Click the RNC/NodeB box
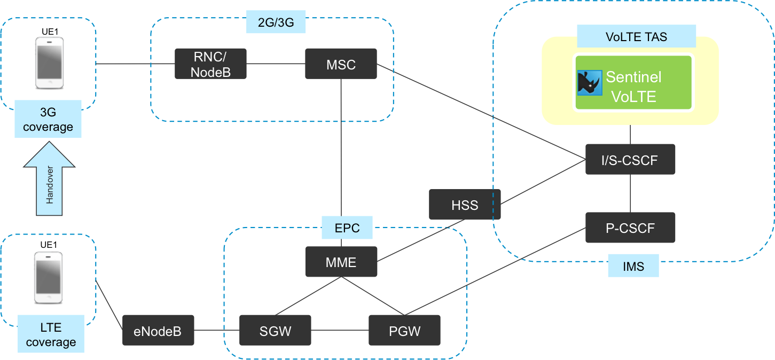[210, 64]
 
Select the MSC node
[341, 64]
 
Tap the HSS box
[465, 205]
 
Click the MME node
[341, 262]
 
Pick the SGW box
[275, 330]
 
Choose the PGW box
[404, 330]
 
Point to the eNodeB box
[158, 330]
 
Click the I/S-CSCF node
[630, 159]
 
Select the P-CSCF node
[630, 228]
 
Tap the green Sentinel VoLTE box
[633, 82]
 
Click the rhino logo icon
[590, 83]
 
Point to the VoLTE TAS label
[636, 37]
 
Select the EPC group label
[347, 228]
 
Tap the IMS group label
[633, 266]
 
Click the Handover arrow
[49, 184]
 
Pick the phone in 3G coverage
[50, 62]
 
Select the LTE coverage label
[51, 334]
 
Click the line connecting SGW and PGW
[340, 330]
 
